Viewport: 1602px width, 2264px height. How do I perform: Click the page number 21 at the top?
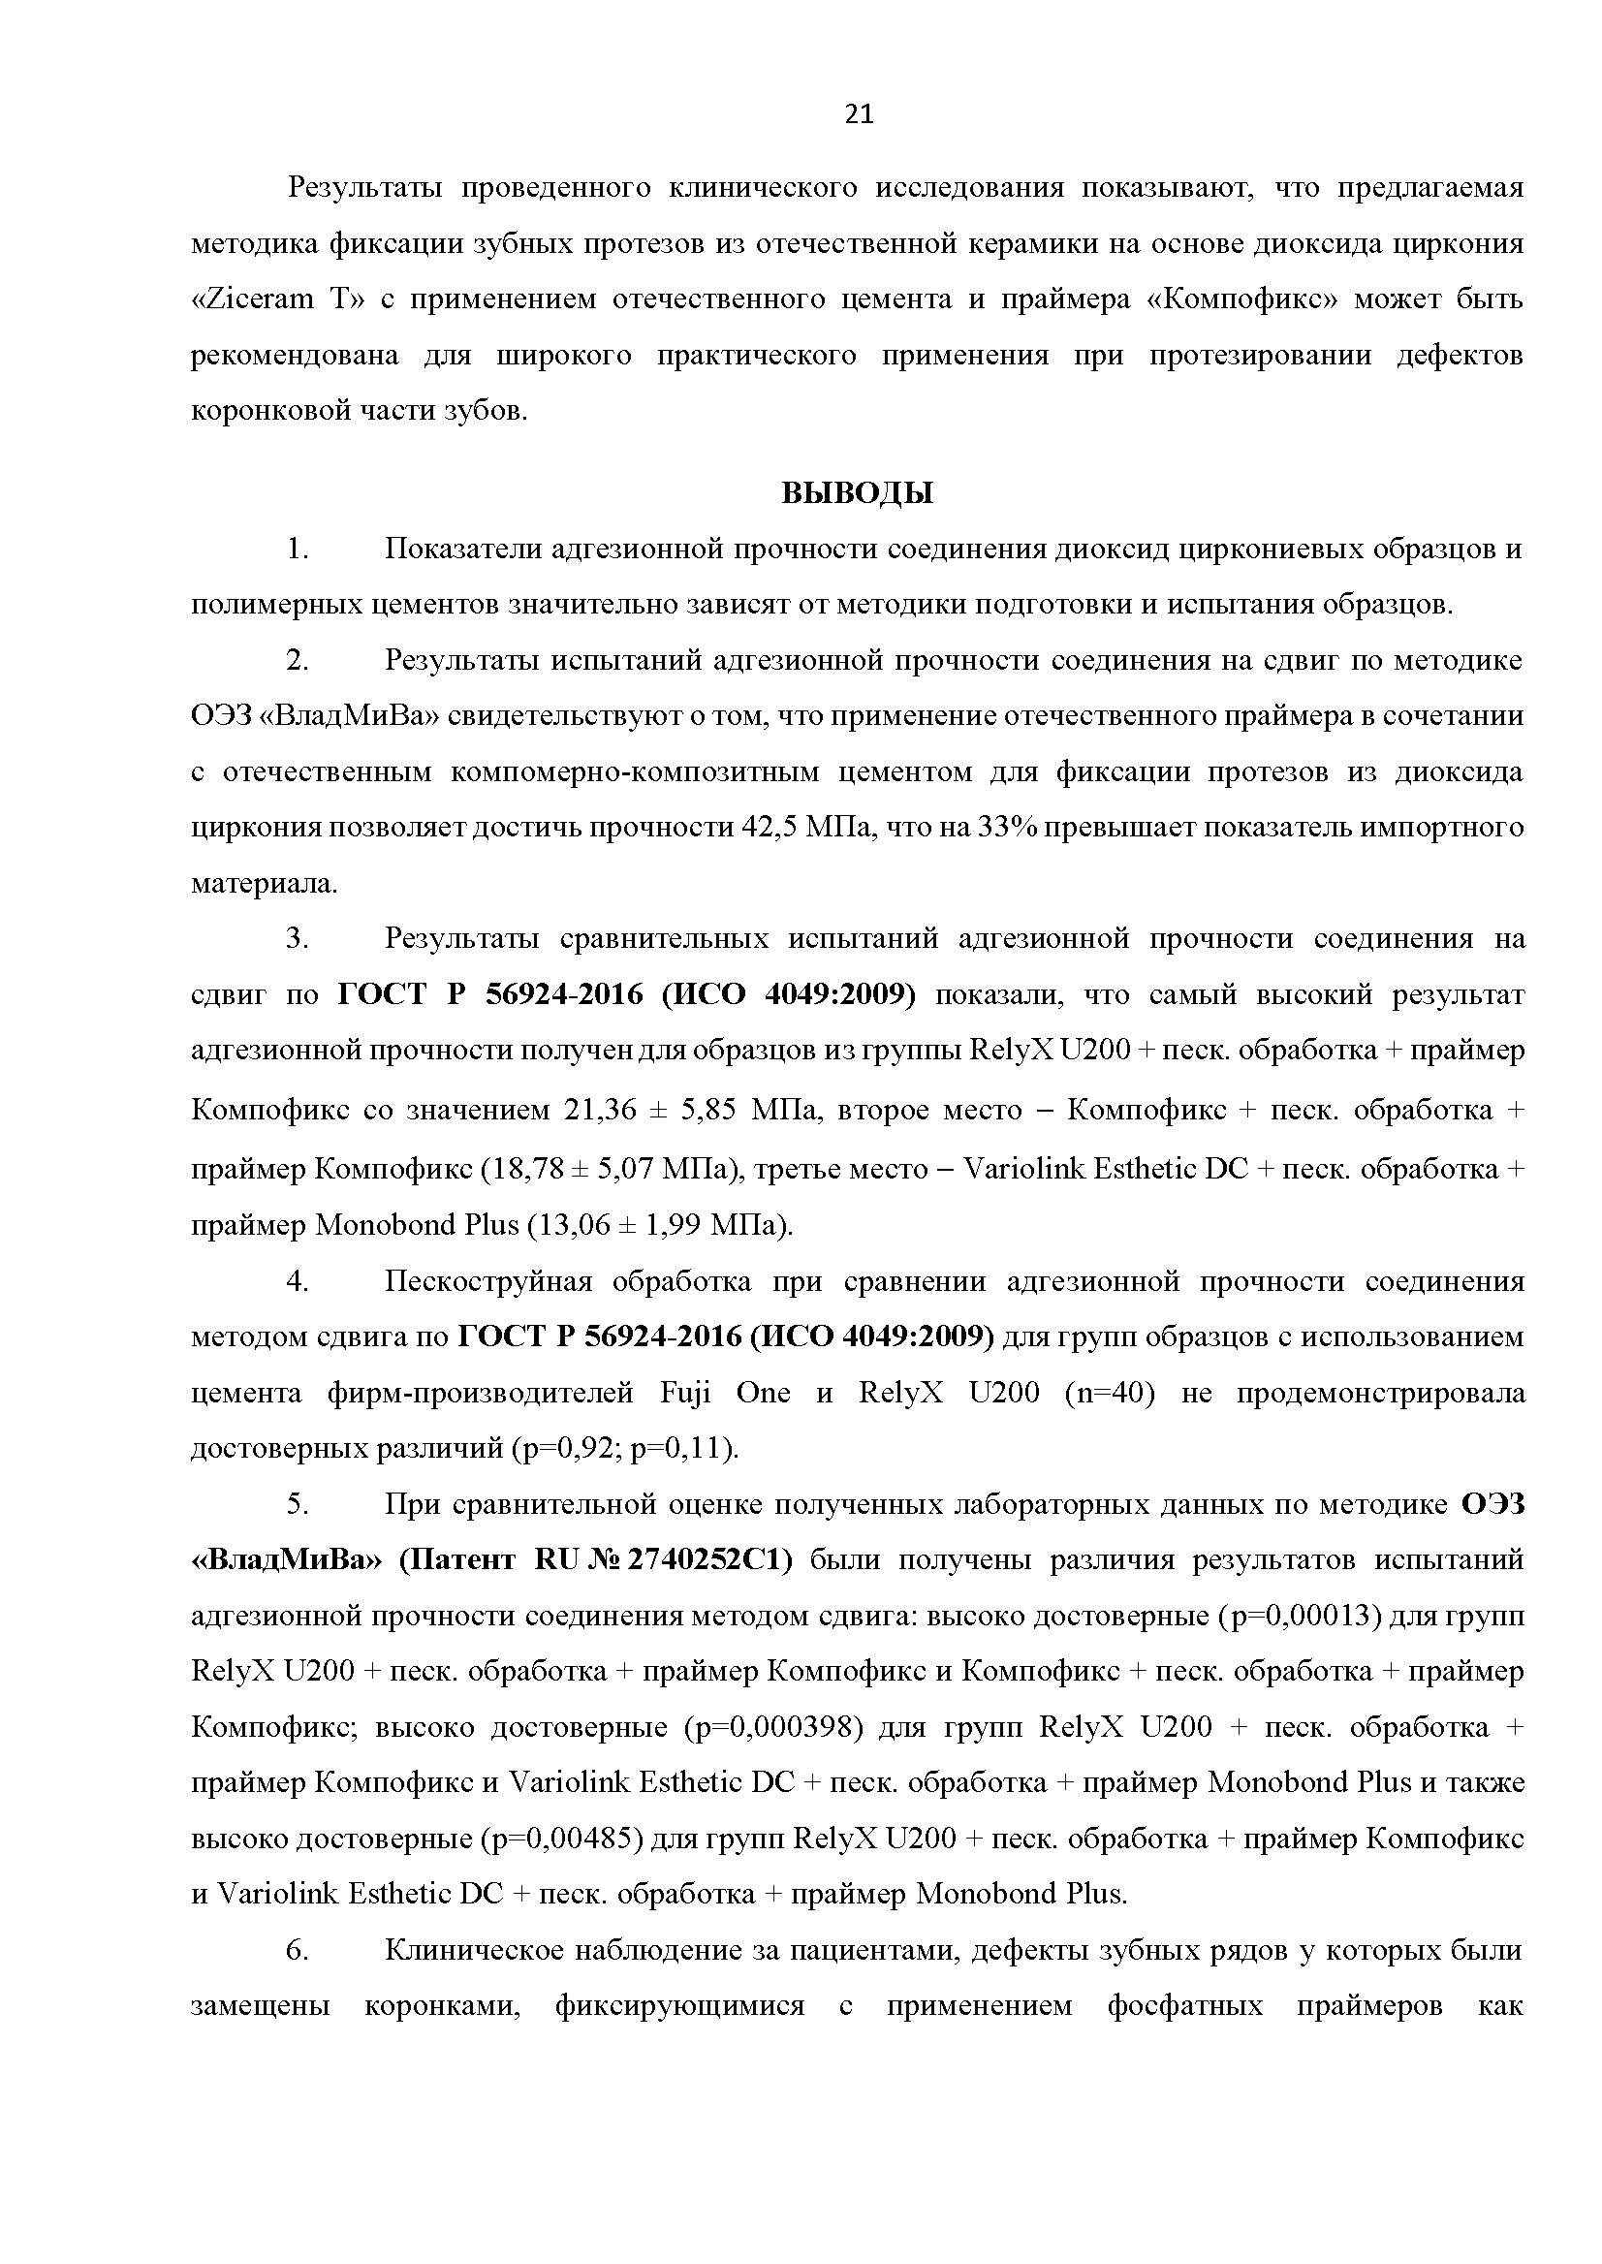coord(859,115)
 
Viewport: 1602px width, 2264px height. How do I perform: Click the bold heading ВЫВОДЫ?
coord(858,493)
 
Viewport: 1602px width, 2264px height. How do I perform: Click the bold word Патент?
coord(456,1560)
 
